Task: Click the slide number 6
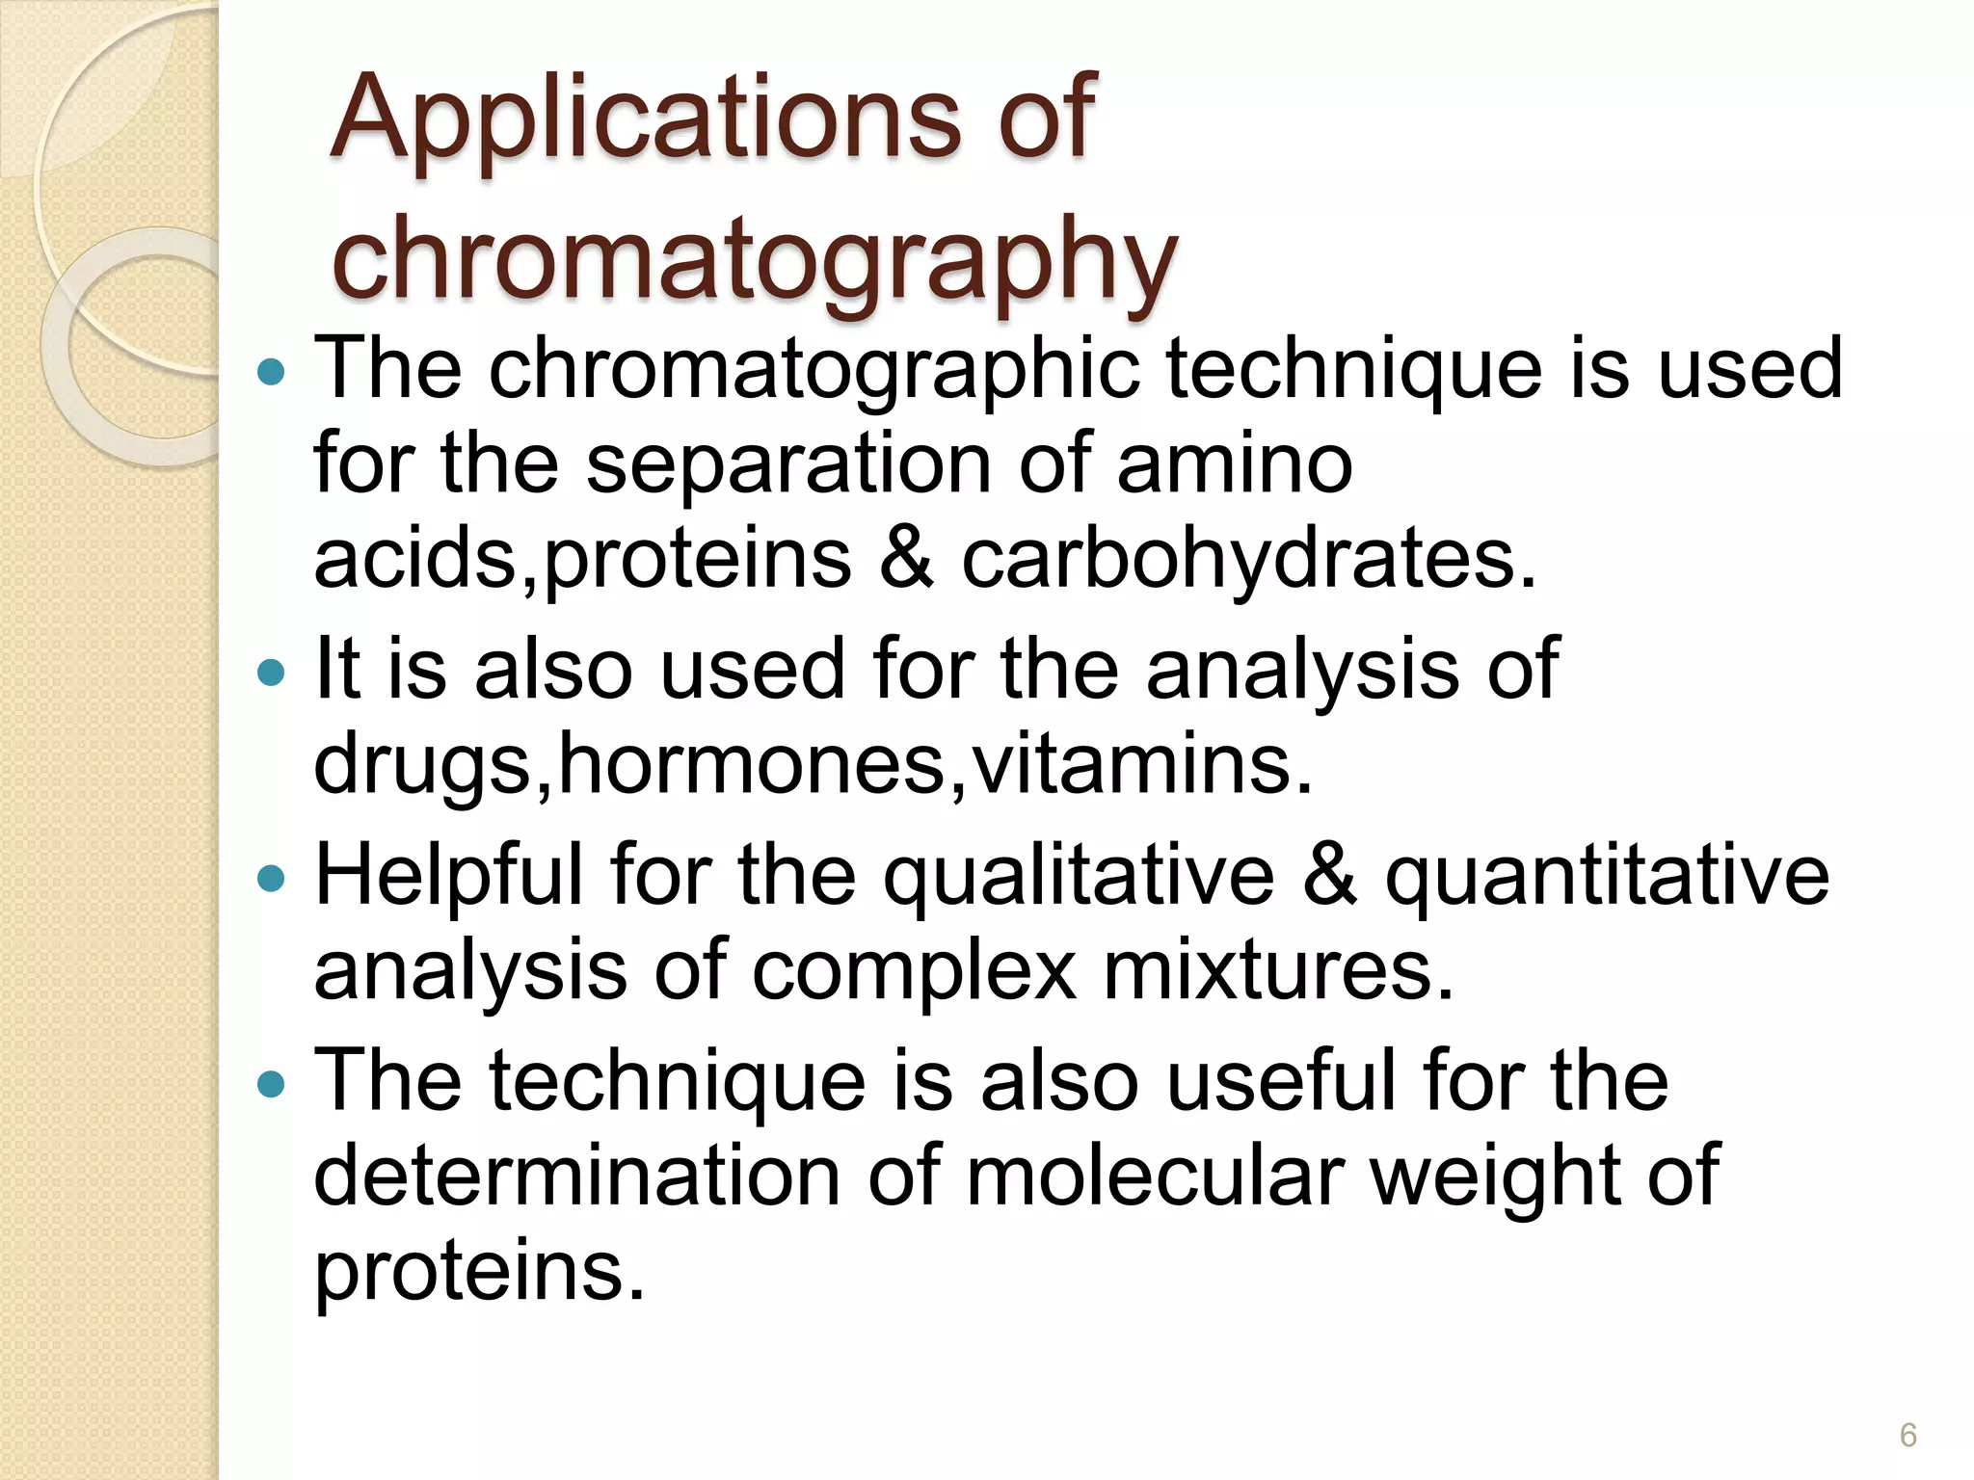1907,1435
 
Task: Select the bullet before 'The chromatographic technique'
273,372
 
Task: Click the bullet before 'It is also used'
273,672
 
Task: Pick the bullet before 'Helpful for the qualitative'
273,878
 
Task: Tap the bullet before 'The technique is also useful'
273,1085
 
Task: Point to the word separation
788,465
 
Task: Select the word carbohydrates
1248,560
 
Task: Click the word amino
1235,465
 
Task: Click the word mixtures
1278,971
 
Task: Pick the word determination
577,1176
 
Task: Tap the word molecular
1156,1176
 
